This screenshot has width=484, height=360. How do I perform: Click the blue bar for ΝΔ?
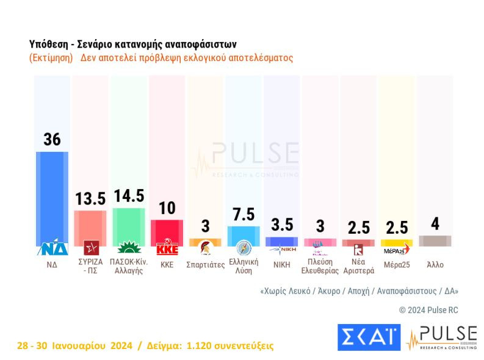(52, 198)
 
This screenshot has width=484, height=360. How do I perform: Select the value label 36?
(52, 140)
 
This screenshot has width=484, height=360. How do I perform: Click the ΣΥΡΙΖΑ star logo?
(90, 248)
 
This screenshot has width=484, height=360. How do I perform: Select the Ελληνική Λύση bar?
(244, 235)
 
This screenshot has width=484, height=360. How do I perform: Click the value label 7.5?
(244, 214)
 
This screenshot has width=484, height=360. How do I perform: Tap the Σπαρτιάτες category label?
(205, 265)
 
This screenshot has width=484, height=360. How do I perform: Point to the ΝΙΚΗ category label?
(281, 265)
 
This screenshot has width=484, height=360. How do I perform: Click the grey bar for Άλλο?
(435, 241)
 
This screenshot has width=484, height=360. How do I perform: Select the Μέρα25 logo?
(396, 249)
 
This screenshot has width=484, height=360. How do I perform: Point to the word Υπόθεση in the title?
(46, 45)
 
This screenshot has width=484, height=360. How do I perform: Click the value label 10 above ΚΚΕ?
(167, 208)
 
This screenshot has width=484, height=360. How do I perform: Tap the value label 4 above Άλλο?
(435, 223)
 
